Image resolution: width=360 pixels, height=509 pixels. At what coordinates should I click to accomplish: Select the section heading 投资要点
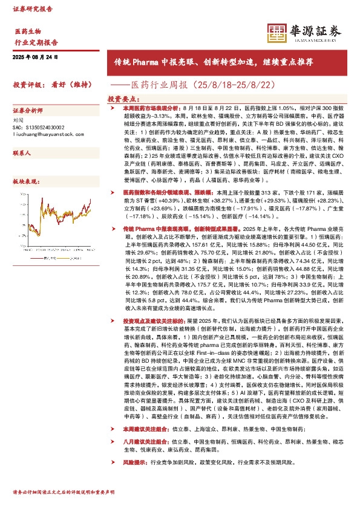pos(125,98)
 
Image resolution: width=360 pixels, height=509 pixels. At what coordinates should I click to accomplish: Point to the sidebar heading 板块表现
pos(24,181)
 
